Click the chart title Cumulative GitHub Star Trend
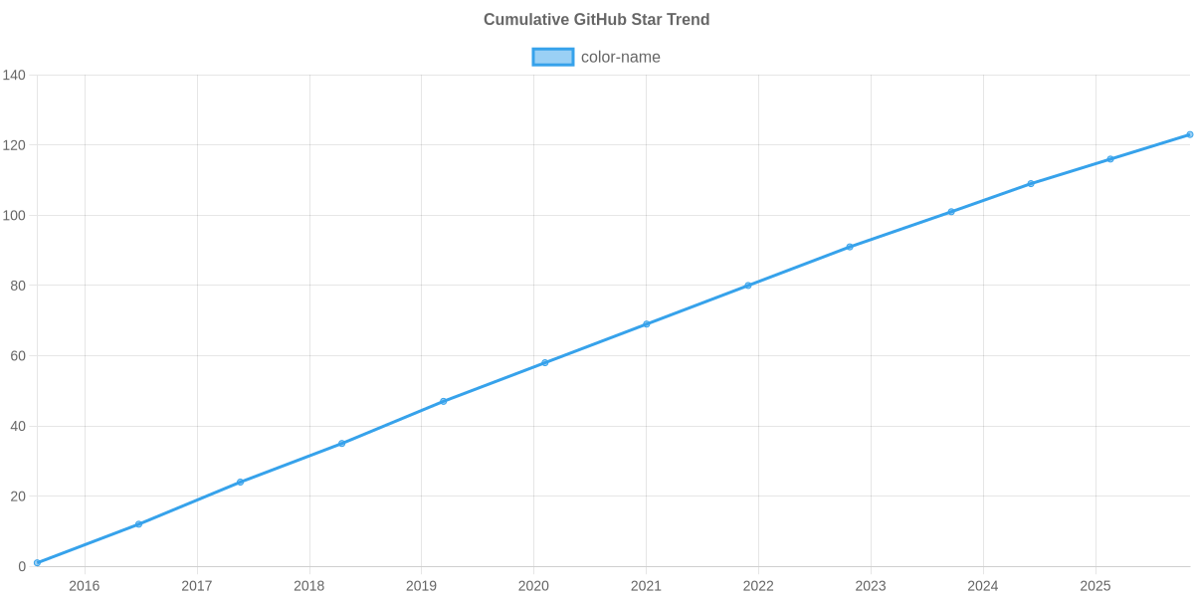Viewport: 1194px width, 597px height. (596, 20)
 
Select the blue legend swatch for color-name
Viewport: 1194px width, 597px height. (552, 57)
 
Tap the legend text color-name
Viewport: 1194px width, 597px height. (620, 57)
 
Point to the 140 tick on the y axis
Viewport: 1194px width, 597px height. (14, 76)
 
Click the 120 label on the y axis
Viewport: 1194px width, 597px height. (14, 145)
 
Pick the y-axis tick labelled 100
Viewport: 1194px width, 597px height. (14, 216)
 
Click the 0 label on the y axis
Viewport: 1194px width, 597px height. (21, 567)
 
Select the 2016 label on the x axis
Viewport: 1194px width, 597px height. (85, 586)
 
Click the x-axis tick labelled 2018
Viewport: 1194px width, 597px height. (309, 586)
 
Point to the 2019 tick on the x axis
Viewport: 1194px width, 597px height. (422, 586)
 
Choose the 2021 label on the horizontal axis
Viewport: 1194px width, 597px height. (646, 586)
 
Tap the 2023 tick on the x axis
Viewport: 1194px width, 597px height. (871, 586)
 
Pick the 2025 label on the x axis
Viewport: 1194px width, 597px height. (1095, 586)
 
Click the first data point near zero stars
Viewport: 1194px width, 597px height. (37, 563)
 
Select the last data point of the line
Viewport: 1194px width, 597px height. (1189, 134)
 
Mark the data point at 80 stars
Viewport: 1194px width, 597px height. (748, 286)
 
